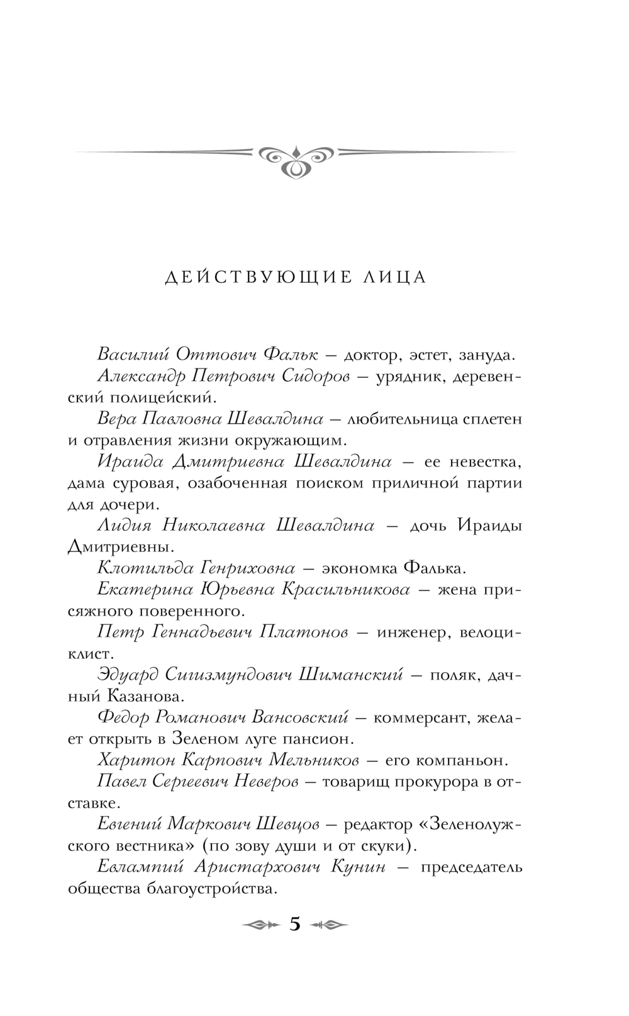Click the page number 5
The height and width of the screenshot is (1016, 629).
point(294,924)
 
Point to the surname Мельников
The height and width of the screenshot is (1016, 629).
point(314,761)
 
